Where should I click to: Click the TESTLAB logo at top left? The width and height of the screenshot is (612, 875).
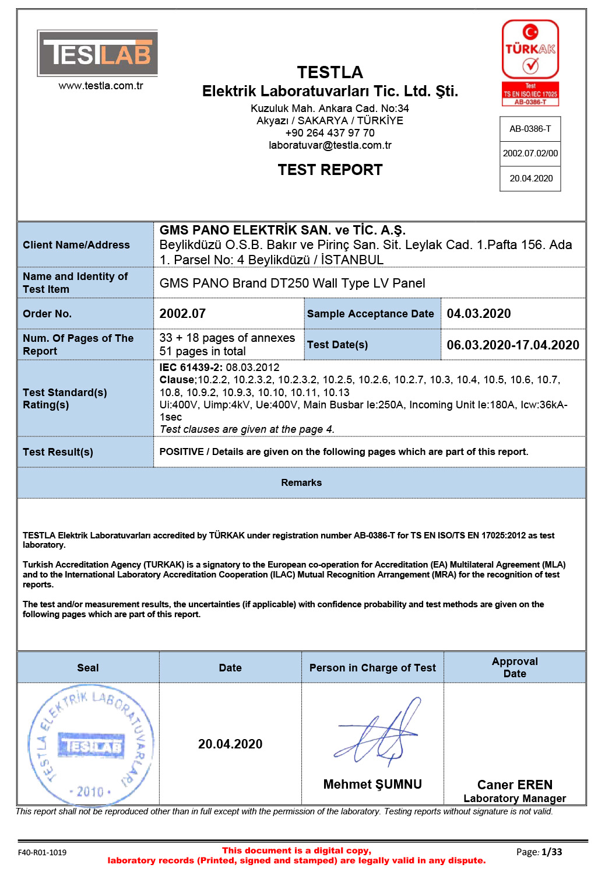pos(97,53)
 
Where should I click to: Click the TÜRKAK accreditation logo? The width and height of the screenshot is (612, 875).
pos(530,62)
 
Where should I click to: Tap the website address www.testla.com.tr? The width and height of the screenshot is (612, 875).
pos(101,86)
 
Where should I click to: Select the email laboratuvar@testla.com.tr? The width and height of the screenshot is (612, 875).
pos(330,145)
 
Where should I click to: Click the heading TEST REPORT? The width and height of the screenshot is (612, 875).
pos(330,170)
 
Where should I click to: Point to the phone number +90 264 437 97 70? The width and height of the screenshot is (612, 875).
pos(330,133)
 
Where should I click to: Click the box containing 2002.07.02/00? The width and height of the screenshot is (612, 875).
pos(530,153)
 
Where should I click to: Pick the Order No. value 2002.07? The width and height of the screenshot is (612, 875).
pos(182,314)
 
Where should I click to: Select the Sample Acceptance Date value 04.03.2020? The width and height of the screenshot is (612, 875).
pos(479,314)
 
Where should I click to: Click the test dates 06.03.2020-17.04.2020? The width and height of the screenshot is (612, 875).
pos(513,345)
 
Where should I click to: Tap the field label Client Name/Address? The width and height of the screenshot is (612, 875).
pos(76,245)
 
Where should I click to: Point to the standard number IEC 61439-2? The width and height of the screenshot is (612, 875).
pos(190,367)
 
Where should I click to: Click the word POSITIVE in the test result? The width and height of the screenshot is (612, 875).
pos(181,452)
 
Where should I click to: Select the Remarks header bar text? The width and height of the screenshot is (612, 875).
pos(301,483)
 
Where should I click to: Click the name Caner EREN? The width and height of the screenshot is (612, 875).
pos(515,785)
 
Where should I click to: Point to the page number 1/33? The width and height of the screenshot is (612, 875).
pos(551,852)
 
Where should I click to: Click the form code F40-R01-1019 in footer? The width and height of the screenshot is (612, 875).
pos(42,853)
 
